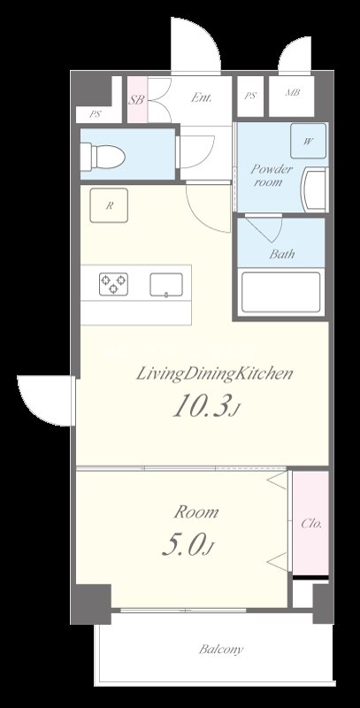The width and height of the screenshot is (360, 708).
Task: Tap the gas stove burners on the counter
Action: [x=114, y=284]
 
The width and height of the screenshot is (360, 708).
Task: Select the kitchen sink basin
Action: [x=166, y=284]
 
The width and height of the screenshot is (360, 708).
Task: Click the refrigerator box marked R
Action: [x=109, y=205]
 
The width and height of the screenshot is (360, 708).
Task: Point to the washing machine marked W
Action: [x=308, y=141]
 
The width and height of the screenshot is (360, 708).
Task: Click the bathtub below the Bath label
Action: [x=281, y=292]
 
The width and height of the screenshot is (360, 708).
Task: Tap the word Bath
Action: [x=282, y=254]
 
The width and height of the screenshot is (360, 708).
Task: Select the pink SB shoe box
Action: [x=137, y=99]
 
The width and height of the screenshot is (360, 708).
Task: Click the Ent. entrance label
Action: [x=201, y=97]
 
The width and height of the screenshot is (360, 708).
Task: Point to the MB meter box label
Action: [x=293, y=93]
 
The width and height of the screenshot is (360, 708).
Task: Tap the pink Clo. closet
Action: [x=310, y=523]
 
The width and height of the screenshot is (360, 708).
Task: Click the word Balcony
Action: [x=221, y=650]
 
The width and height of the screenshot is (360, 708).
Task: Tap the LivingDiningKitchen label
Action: [x=215, y=373]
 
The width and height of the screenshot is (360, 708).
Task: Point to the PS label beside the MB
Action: [x=250, y=96]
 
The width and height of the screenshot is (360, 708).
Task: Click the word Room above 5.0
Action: [x=196, y=512]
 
